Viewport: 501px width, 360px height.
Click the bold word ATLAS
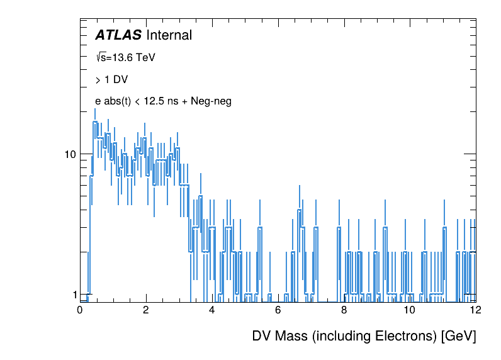[118, 35]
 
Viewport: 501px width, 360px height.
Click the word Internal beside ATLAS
[169, 35]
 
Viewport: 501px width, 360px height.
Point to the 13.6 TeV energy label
[130, 57]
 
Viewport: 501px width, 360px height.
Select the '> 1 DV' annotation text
[111, 80]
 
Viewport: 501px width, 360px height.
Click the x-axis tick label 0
[80, 310]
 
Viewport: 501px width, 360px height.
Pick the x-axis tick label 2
[146, 310]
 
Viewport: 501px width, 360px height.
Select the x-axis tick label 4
[212, 310]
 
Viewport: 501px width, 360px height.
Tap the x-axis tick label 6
[278, 310]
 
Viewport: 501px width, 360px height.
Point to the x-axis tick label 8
[344, 310]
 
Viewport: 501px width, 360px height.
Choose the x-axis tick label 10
[410, 310]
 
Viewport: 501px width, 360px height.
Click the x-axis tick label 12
[475, 310]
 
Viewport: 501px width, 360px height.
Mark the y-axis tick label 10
[69, 155]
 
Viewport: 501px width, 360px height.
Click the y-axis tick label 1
[72, 295]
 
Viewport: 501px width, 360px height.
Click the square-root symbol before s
[98, 57]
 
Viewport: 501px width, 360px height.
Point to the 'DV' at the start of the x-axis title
[262, 336]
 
